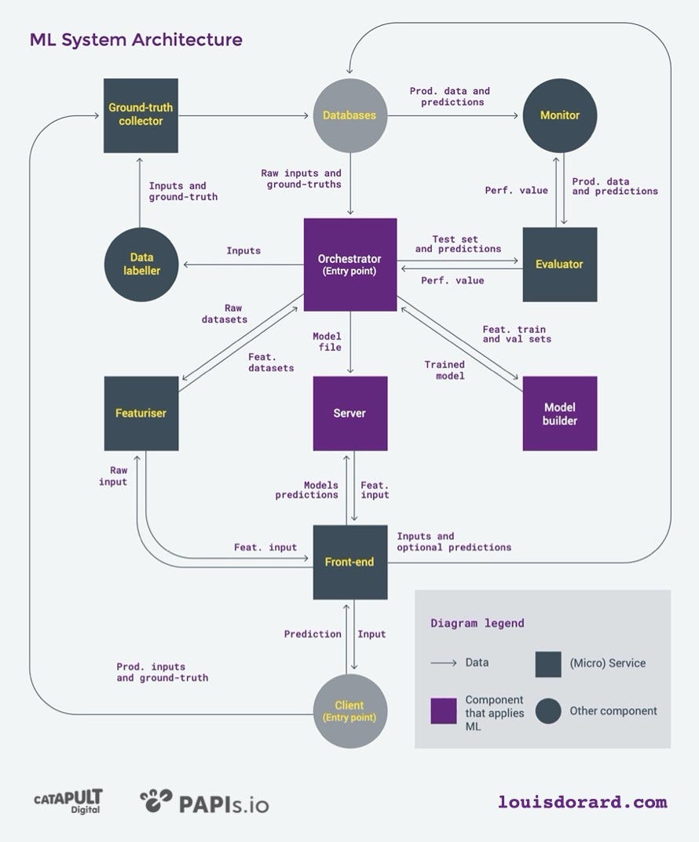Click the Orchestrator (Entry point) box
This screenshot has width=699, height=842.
click(x=350, y=264)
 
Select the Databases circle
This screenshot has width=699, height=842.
click(x=349, y=115)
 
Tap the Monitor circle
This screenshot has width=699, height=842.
click(x=560, y=115)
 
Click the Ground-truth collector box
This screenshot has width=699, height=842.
click(x=141, y=115)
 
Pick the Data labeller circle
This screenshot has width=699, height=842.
click(x=141, y=264)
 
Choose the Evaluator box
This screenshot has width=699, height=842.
click(x=560, y=264)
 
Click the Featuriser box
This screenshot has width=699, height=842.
click(x=141, y=413)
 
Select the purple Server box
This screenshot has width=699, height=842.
click(x=350, y=413)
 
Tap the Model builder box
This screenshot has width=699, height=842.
click(x=560, y=414)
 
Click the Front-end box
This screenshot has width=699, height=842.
click(x=350, y=562)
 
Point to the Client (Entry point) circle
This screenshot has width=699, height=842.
click(x=350, y=711)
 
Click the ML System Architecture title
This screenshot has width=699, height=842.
click(x=136, y=39)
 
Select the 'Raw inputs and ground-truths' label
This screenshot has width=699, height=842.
click(x=302, y=179)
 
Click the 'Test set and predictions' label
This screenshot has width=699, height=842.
click(x=458, y=244)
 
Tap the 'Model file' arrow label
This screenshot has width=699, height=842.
click(x=327, y=342)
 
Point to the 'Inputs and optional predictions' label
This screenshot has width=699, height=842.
click(x=454, y=541)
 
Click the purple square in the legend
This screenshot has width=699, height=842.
click(x=444, y=711)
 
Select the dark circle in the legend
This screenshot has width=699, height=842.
click(x=548, y=711)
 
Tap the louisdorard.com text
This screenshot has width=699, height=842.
click(x=582, y=802)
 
